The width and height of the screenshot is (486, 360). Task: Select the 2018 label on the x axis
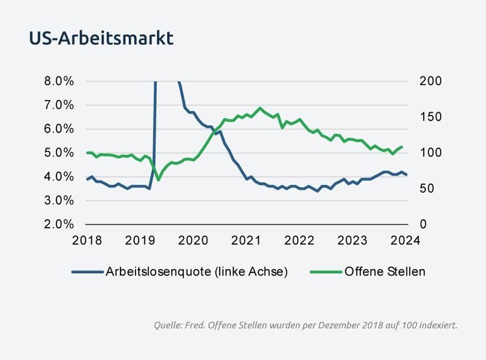coord(87,240)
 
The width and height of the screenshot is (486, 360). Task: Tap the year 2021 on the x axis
coord(246,240)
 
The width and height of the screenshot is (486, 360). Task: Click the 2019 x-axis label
coord(139,240)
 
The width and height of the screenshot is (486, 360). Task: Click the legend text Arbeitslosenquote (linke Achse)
coord(196,272)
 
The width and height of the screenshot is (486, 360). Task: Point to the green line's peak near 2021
coord(260,108)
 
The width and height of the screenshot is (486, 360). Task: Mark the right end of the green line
coord(402,147)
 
